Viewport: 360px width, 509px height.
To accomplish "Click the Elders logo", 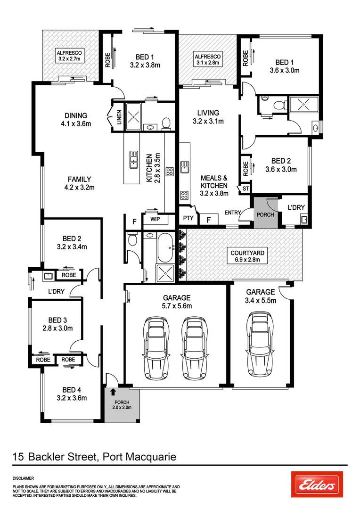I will pyautogui.click(x=317, y=484).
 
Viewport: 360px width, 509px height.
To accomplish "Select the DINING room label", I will pyautogui.click(x=76, y=120).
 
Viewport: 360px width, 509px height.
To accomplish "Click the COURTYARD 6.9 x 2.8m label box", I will pyautogui.click(x=247, y=256).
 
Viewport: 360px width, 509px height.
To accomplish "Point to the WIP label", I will pyautogui.click(x=155, y=219).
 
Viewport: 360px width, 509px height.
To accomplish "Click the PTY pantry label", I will pyautogui.click(x=188, y=219).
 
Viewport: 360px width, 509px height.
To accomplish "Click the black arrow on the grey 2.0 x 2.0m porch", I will pyautogui.click(x=113, y=391).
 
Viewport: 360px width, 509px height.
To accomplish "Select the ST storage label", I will pyautogui.click(x=245, y=189).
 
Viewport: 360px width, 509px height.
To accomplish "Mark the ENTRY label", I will pyautogui.click(x=232, y=213).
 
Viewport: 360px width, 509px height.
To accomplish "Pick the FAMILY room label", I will pyautogui.click(x=79, y=183).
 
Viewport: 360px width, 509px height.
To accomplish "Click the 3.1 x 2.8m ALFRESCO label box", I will pyautogui.click(x=208, y=59).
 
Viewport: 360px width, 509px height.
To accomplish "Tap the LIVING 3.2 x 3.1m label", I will pyautogui.click(x=208, y=116).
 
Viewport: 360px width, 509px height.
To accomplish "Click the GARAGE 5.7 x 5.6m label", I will pyautogui.click(x=177, y=302).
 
